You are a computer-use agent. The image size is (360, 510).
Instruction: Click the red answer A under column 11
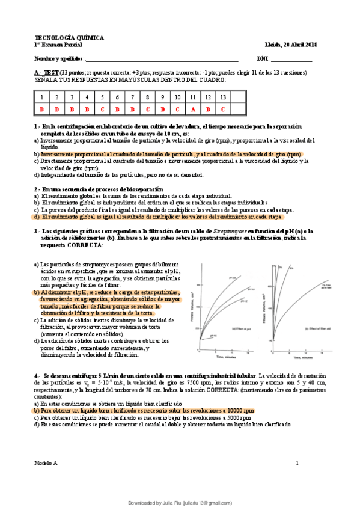[x=193, y=109]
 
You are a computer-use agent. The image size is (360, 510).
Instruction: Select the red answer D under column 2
[x=57, y=109]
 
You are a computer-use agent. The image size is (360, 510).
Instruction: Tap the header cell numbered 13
[x=222, y=97]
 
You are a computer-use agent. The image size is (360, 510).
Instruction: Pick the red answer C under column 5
[x=102, y=109]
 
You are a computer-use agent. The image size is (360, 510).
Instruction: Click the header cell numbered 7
[x=132, y=97]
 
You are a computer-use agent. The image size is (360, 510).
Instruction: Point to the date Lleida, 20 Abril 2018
[x=291, y=45]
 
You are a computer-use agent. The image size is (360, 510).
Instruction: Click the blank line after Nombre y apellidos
[x=162, y=59]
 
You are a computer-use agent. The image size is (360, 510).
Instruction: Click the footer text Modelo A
[x=46, y=463]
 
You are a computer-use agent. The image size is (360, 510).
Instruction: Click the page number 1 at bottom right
[x=297, y=463]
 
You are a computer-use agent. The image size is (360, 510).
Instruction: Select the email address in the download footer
[x=209, y=502]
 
